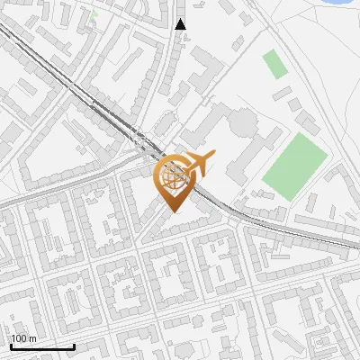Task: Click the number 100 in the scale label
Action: pos(19,338)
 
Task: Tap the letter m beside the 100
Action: pos(31,338)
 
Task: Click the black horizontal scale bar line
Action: pos(42,346)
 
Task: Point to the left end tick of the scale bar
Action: pos(12,345)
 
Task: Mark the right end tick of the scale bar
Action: pos(74,345)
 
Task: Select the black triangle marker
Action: pos(181,24)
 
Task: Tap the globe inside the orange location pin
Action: pos(171,178)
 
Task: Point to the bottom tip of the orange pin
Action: pos(172,212)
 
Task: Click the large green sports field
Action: pos(295,166)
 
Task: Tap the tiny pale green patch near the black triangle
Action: pos(94,15)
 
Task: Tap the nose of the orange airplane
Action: pos(215,158)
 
